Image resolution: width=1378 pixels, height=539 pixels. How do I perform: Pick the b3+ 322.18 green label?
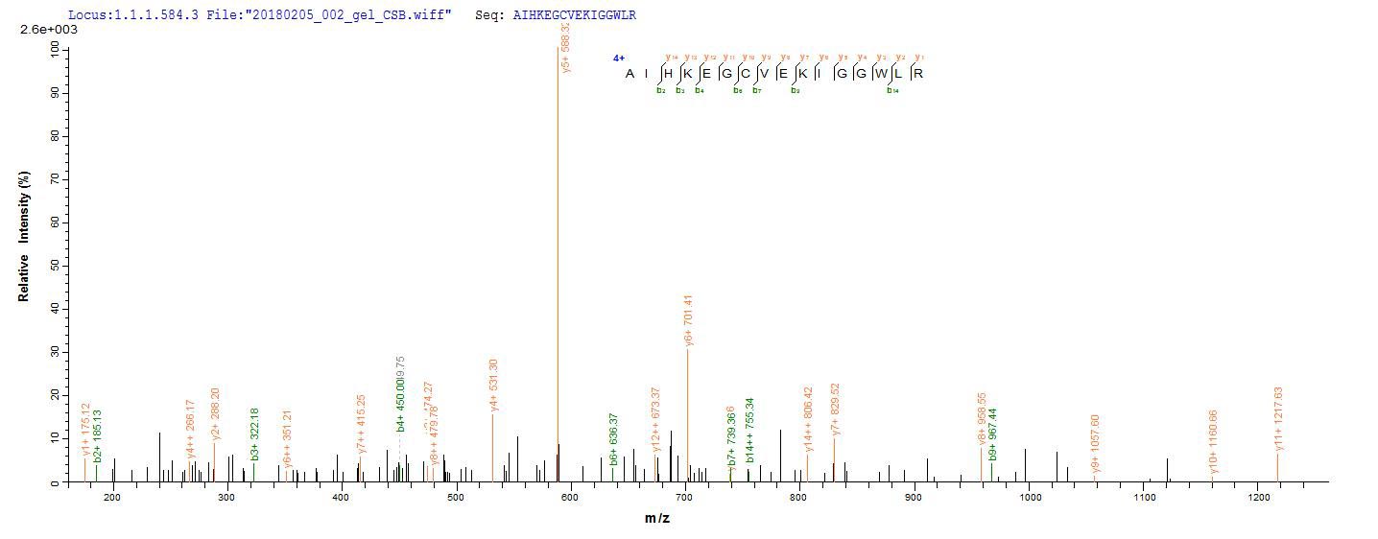click(255, 434)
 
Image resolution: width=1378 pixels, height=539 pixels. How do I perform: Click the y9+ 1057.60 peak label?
click(1096, 447)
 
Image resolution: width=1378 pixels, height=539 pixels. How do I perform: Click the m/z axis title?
click(657, 519)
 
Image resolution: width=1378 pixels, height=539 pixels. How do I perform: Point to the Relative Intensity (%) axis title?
click(23, 237)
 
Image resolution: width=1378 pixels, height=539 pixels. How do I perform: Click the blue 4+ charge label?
click(619, 59)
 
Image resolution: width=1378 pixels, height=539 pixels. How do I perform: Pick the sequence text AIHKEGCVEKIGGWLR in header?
click(574, 15)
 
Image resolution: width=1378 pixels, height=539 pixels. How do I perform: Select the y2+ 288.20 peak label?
click(215, 408)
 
